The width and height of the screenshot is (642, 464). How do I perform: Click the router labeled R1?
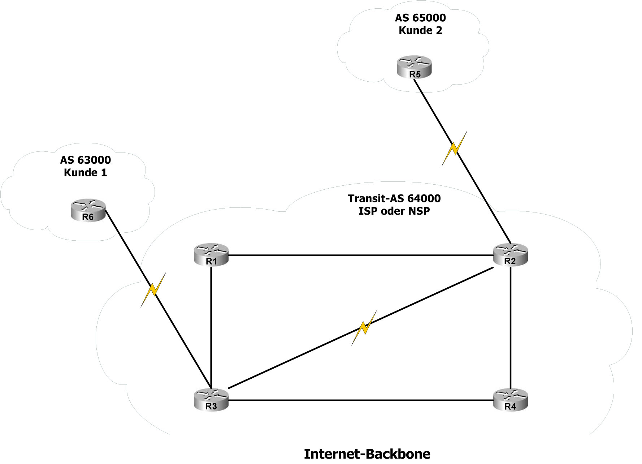click(211, 255)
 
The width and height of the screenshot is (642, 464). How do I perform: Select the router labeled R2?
click(511, 255)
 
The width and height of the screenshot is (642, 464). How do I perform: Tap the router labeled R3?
click(211, 400)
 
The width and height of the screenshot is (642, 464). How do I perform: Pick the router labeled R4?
click(511, 400)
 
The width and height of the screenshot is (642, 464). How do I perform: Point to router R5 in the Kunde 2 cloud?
click(414, 68)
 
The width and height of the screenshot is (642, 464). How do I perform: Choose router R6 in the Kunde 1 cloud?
click(88, 210)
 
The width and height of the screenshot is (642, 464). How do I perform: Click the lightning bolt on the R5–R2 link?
click(454, 149)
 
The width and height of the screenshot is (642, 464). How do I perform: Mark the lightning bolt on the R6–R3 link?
click(153, 290)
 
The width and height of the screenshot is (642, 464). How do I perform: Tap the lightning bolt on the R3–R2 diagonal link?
click(364, 327)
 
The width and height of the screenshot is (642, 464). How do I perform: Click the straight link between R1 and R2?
click(361, 255)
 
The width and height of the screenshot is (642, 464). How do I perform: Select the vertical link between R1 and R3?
click(211, 325)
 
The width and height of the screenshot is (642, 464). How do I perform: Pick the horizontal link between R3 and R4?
click(361, 400)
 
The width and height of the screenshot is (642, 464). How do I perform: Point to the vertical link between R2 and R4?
click(511, 325)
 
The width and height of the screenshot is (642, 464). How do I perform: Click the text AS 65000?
click(420, 18)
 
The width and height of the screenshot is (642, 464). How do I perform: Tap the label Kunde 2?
click(420, 30)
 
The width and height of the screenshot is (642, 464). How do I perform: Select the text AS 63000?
click(86, 160)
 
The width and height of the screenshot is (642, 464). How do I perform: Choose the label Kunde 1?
click(86, 173)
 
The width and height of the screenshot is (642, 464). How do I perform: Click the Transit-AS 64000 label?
click(394, 198)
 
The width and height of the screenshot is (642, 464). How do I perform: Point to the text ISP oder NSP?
click(394, 211)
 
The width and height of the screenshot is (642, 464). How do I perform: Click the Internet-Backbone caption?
click(367, 454)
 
